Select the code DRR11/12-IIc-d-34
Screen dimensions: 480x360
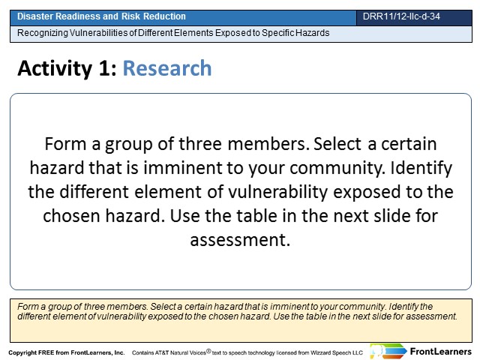pyautogui.click(x=401, y=16)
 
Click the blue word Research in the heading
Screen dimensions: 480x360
pyautogui.click(x=167, y=68)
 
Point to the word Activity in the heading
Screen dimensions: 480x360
pyautogui.click(x=55, y=68)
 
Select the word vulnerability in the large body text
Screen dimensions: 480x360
pyautogui.click(x=278, y=193)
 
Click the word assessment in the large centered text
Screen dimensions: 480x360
pyautogui.click(x=240, y=240)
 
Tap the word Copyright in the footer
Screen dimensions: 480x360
pyautogui.click(x=22, y=352)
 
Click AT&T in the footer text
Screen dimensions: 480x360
pyautogui.click(x=162, y=352)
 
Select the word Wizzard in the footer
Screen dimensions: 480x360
pyautogui.click(x=320, y=352)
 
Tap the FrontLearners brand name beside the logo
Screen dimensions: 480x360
pyautogui.click(x=441, y=352)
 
